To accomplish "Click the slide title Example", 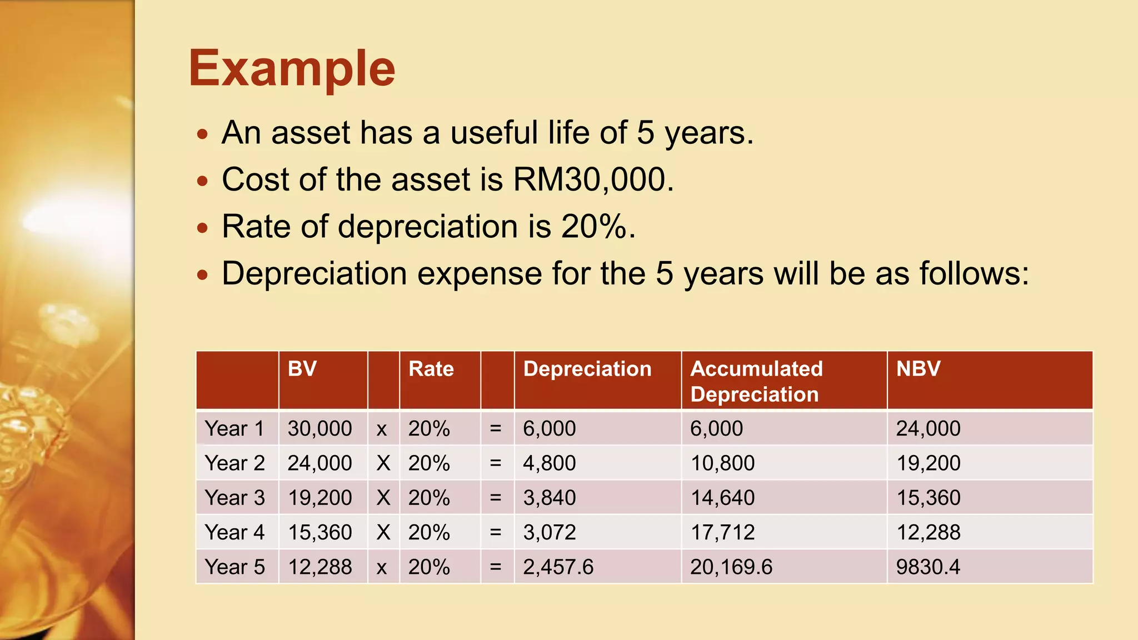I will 292,69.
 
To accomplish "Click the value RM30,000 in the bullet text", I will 592,179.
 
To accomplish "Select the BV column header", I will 302,369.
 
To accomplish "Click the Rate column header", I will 431,369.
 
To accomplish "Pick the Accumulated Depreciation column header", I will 756,381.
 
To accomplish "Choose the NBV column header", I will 918,369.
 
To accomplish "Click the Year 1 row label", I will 234,428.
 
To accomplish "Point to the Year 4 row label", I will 234,532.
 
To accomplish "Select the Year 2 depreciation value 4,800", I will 549,463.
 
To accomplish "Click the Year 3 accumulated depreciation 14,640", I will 722,498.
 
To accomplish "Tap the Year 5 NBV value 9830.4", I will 928,567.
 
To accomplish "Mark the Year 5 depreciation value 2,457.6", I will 558,567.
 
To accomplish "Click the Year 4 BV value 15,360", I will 320,532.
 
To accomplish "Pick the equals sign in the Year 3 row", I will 496,498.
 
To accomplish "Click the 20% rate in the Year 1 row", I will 429,428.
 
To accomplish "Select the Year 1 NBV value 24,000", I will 928,428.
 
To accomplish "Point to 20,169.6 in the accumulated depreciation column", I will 731,567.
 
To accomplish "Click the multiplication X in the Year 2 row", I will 383,463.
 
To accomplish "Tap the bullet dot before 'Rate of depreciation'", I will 203,228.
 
